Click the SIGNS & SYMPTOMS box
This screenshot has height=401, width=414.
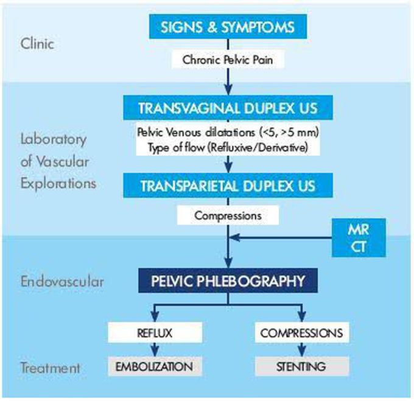point(227,27)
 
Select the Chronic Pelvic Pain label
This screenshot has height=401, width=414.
point(228,60)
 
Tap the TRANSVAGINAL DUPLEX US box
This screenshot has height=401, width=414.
point(228,109)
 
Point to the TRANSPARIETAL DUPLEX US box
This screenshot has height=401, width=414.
point(228,186)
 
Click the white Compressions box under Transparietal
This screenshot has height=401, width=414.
point(228,215)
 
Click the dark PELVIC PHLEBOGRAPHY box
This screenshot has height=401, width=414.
point(228,282)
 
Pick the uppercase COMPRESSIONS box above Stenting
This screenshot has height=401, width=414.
point(301,333)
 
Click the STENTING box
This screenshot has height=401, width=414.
point(301,366)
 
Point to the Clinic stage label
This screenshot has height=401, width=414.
point(38,44)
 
